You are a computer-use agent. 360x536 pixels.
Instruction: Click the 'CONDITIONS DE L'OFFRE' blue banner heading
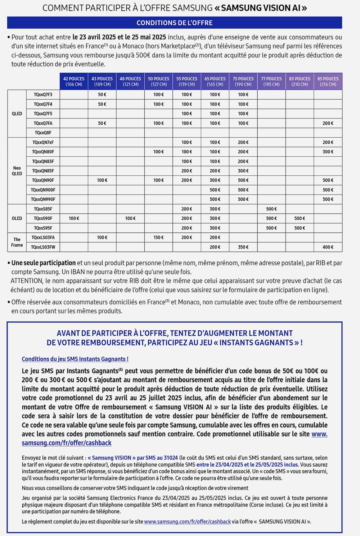[x=175, y=23]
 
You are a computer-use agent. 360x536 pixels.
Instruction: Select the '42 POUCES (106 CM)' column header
[x=74, y=81]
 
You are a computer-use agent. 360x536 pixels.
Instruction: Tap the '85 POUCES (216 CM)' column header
[x=328, y=81]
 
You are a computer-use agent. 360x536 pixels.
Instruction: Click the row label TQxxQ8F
[x=43, y=133]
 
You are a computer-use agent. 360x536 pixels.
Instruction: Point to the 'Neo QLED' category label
[x=17, y=171]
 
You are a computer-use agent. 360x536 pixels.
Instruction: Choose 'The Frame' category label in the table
[x=17, y=242]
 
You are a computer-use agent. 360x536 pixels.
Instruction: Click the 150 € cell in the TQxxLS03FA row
[x=158, y=237]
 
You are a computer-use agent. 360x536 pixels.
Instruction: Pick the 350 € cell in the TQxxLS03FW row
[x=243, y=247]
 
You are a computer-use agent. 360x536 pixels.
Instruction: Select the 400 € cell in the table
[x=328, y=247]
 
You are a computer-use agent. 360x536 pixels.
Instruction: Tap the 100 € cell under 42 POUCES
[x=74, y=218]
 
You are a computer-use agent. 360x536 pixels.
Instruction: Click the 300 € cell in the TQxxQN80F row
[x=328, y=152]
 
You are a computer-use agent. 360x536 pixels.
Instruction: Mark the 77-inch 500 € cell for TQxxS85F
[x=271, y=209]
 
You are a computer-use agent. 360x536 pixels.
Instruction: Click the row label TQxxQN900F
[x=43, y=190]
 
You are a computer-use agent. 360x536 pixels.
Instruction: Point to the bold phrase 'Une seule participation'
[x=44, y=263]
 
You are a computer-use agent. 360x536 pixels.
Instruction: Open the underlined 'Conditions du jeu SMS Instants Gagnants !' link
[x=75, y=359]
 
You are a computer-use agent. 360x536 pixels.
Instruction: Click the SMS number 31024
[x=171, y=458]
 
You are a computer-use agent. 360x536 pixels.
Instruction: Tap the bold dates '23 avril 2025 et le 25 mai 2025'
[x=119, y=37]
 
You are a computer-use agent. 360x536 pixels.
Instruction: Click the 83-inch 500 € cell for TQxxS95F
[x=300, y=228]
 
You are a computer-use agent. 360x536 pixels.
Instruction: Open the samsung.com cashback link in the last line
[x=187, y=522]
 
